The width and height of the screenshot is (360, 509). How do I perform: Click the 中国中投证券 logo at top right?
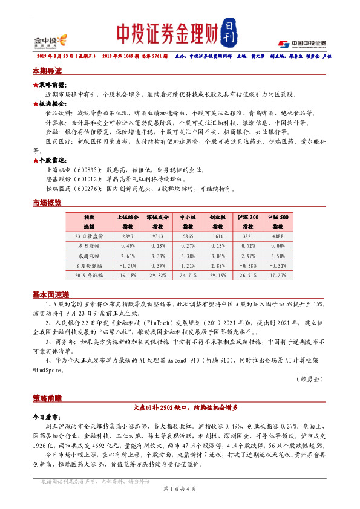(302, 44)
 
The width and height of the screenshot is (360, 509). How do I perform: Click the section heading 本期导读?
(47, 71)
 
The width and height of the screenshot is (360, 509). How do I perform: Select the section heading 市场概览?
(47, 204)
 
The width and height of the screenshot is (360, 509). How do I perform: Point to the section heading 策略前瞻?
(47, 399)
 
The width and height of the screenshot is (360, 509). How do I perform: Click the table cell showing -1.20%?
(127, 265)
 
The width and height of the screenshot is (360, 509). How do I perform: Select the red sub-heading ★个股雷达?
(50, 160)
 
